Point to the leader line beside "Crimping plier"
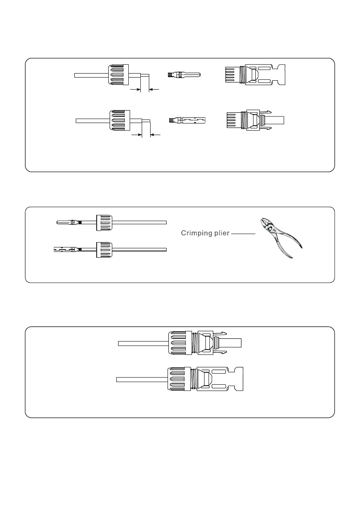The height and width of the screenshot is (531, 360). pyautogui.click(x=243, y=234)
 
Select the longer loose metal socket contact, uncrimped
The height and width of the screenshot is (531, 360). pyautogui.click(x=188, y=120)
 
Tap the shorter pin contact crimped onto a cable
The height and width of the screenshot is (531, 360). pyautogui.click(x=69, y=221)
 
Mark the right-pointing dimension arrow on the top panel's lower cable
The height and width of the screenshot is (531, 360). pyautogui.click(x=136, y=134)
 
